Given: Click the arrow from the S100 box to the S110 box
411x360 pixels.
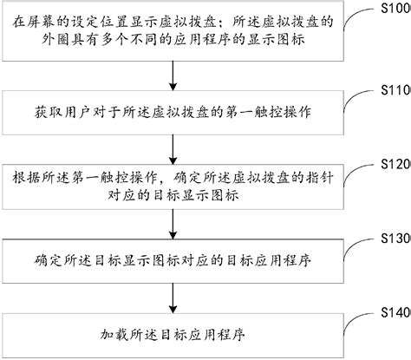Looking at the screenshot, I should [x=175, y=76].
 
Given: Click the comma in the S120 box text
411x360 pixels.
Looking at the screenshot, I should [x=175, y=180].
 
